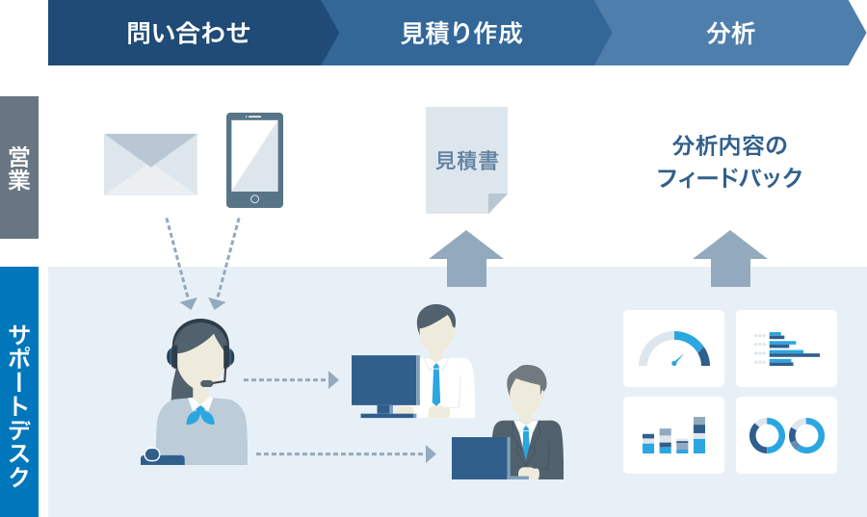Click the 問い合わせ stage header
coord(188,34)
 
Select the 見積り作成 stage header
coord(461,34)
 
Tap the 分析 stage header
coord(730,34)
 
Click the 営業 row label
coord(19,167)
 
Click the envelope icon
coord(150,165)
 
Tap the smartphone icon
coord(254,160)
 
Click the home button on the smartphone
coord(254,199)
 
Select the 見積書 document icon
coord(466,160)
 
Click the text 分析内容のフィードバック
coord(729,162)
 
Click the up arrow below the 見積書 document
coord(466,258)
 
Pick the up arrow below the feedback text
coord(729,258)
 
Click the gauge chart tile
coord(673,349)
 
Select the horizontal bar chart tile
coord(786,349)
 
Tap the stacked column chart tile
coord(673,435)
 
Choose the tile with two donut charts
coord(786,435)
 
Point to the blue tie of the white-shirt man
coord(436,384)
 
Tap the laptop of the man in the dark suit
coord(480,458)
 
